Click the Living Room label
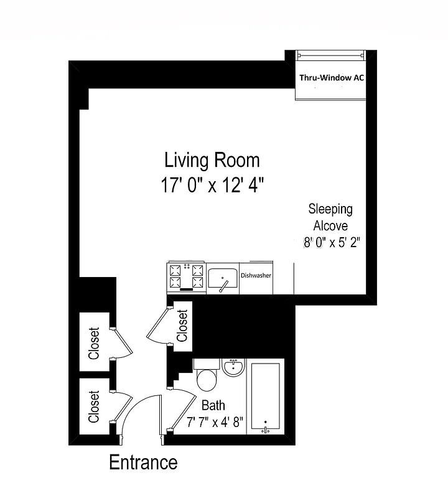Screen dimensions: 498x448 (x=212, y=160)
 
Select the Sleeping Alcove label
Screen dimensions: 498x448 (x=330, y=217)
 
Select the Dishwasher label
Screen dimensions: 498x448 (x=256, y=275)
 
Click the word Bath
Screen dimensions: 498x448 (x=213, y=405)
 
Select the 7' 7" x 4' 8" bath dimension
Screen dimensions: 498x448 (x=215, y=422)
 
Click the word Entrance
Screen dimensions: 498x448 (x=143, y=463)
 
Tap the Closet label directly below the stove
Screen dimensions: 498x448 (x=182, y=326)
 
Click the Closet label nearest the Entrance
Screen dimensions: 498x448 (x=94, y=406)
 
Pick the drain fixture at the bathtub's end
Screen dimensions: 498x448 (x=265, y=428)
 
